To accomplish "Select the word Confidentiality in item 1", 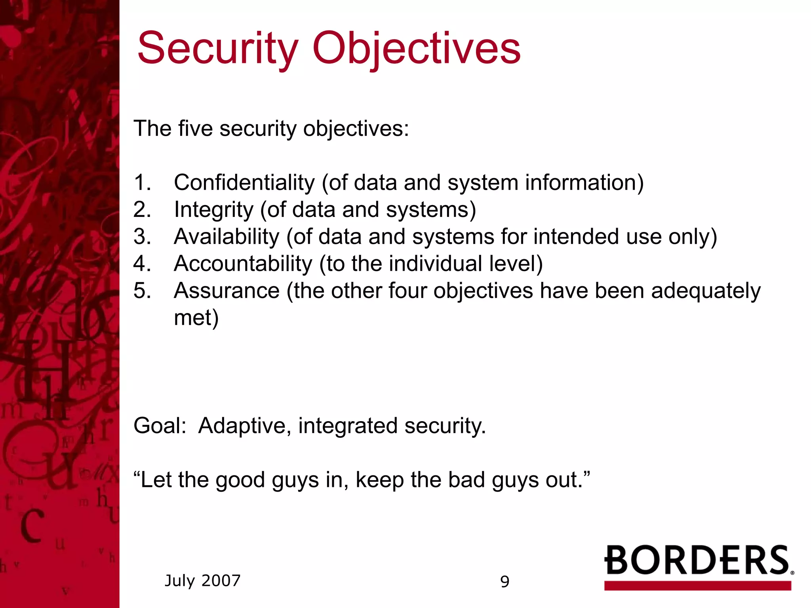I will click(x=244, y=183).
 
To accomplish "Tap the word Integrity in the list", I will click(x=213, y=210).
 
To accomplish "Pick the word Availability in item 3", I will click(x=227, y=237).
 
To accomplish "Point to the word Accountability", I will click(x=243, y=264).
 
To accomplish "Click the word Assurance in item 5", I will click(x=227, y=291).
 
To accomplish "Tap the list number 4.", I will click(x=142, y=264).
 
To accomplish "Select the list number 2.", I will click(x=142, y=210).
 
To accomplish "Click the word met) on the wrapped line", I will click(x=196, y=318).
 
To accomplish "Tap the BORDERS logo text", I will click(x=697, y=560).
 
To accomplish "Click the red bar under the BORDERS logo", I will click(x=697, y=586).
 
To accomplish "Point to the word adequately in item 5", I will click(x=706, y=291).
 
